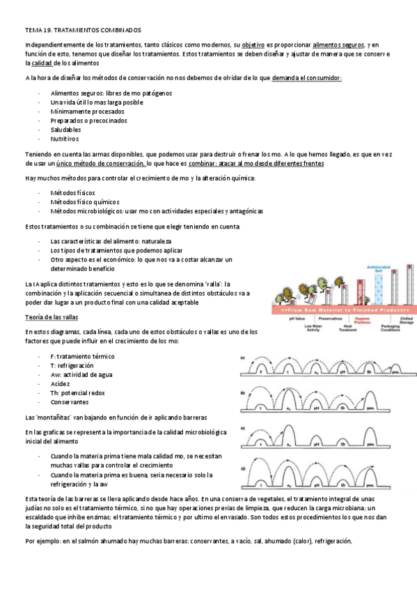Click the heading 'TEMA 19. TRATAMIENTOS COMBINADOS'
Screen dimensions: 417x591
[x=83, y=31]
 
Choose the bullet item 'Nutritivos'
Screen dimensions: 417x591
[x=65, y=138]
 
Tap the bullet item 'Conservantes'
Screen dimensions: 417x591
[x=70, y=401]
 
